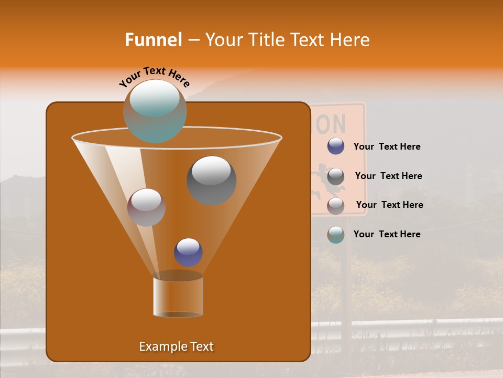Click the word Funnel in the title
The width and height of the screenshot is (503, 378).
click(154, 40)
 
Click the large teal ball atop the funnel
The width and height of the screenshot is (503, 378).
click(155, 111)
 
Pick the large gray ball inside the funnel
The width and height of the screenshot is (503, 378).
click(211, 180)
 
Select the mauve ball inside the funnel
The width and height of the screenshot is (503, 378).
click(146, 207)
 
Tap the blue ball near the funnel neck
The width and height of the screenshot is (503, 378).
click(188, 252)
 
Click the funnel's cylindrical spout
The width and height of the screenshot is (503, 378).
click(178, 297)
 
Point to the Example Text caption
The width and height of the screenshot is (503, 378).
click(177, 346)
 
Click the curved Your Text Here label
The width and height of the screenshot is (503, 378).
click(154, 76)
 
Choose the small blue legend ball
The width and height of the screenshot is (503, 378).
click(336, 146)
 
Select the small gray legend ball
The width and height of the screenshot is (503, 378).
click(336, 176)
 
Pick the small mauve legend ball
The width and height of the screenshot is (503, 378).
click(336, 206)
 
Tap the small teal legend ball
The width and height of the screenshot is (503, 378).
click(336, 235)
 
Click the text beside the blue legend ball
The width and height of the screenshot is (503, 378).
click(387, 147)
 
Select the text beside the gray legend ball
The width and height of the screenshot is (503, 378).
click(388, 176)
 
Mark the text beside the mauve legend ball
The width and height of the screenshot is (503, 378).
click(389, 205)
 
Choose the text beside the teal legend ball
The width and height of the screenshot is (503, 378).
click(387, 234)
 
